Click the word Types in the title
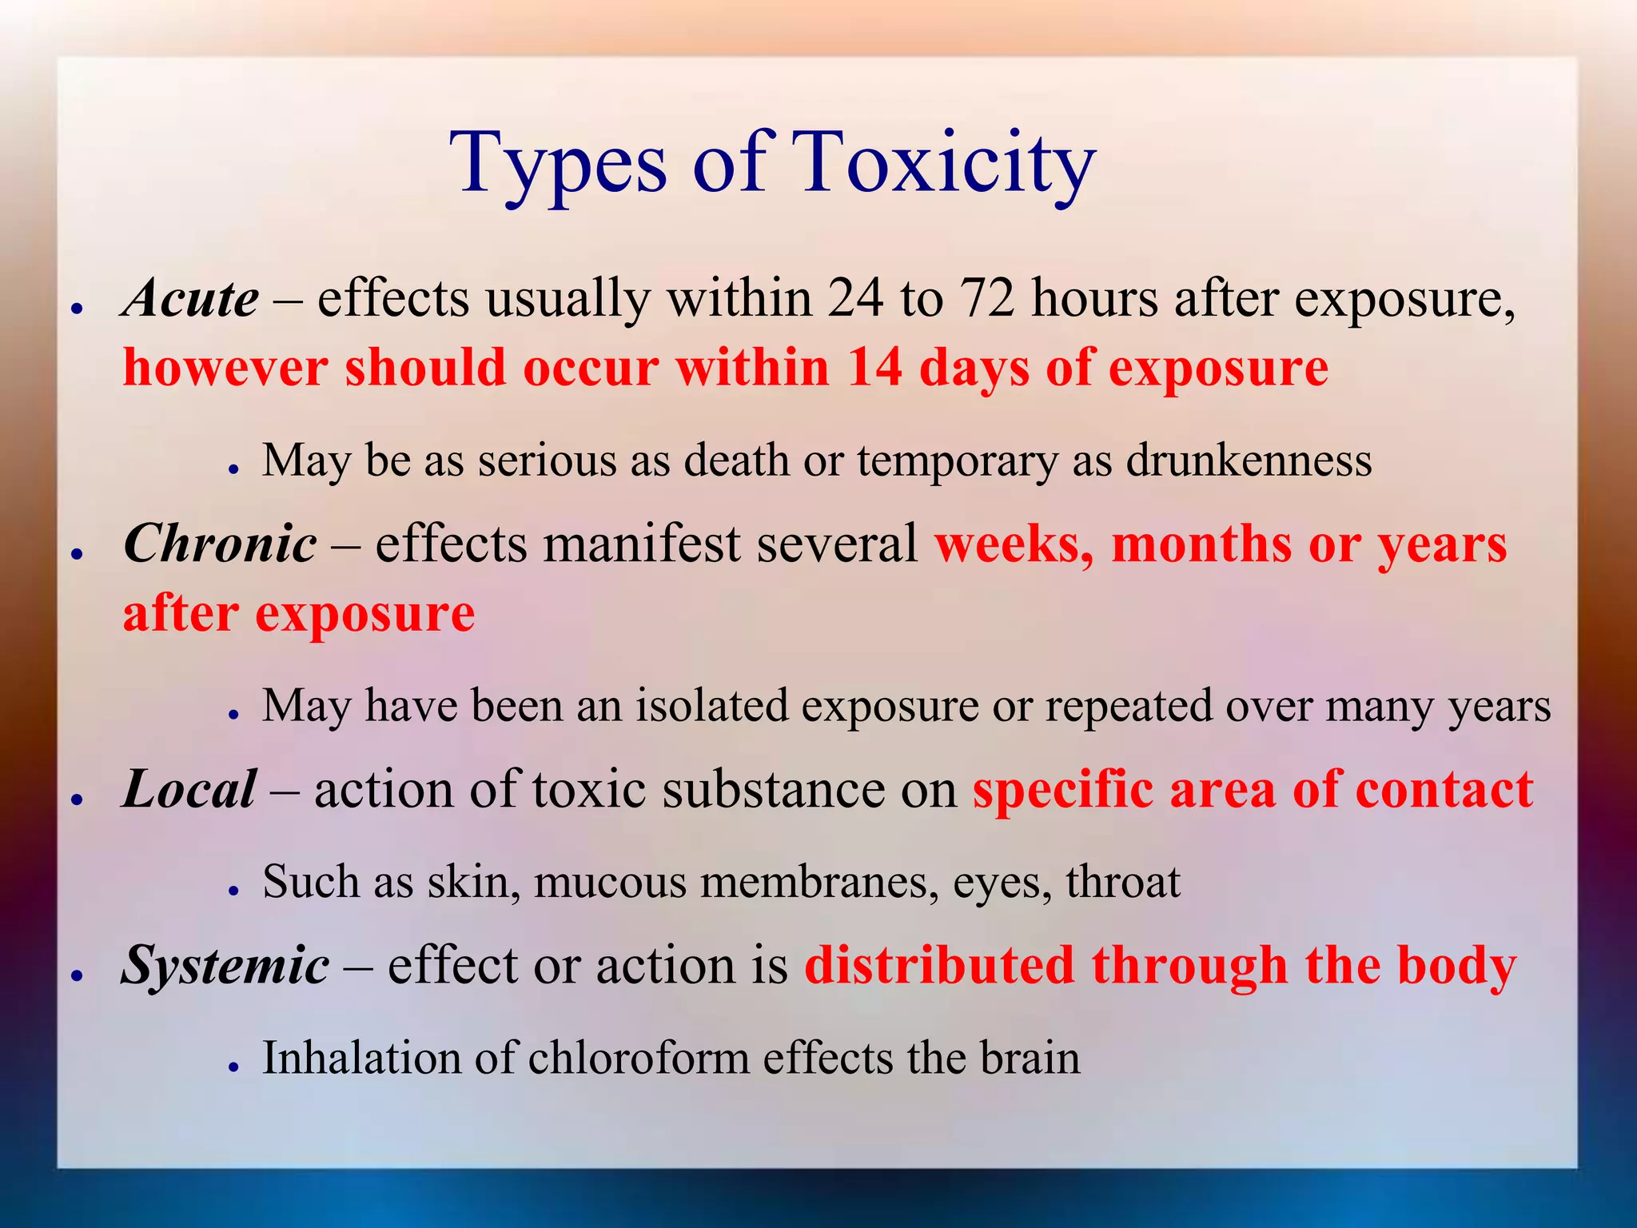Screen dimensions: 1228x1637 (557, 164)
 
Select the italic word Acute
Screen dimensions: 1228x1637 (190, 299)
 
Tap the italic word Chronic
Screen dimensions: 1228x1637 (220, 544)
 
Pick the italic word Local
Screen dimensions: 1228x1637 (189, 790)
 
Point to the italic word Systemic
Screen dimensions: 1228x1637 (225, 966)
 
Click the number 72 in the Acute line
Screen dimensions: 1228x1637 (986, 299)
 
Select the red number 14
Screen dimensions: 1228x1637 (874, 368)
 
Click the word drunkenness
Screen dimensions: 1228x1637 (1249, 461)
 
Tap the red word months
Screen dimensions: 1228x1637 (1201, 544)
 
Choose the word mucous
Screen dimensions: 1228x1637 (610, 883)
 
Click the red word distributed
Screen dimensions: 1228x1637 (938, 966)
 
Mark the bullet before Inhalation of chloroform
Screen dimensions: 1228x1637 (233, 1067)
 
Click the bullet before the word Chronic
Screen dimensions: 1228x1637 (78, 554)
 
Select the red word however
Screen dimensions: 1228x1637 (225, 368)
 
